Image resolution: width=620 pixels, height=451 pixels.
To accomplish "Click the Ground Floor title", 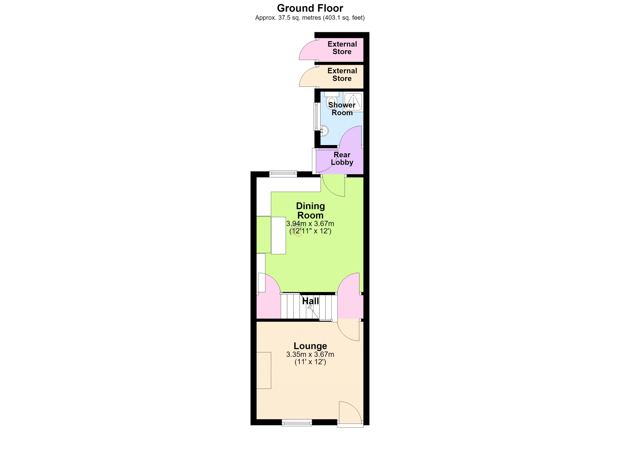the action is click(310, 8).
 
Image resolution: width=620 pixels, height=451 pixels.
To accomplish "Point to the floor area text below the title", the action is click(310, 18).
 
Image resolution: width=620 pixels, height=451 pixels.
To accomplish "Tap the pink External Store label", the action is click(342, 48).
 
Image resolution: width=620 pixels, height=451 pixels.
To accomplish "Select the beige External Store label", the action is click(342, 75).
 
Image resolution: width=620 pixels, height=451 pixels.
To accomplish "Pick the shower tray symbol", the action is click(353, 101).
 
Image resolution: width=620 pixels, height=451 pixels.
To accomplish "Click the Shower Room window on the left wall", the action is click(316, 117).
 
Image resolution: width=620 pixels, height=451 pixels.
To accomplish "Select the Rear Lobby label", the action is click(342, 159).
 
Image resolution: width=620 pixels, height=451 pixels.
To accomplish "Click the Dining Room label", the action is click(310, 210).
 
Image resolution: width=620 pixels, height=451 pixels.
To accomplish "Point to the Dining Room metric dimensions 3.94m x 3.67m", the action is click(310, 224).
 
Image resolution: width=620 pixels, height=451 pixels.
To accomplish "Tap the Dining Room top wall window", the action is click(283, 174).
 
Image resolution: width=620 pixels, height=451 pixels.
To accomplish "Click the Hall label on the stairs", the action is click(310, 301).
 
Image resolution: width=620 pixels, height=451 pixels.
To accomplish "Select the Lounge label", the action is click(310, 346).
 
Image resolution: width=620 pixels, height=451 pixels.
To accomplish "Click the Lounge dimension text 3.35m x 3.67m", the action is click(310, 355).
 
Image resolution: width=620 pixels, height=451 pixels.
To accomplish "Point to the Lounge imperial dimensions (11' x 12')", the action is click(310, 362).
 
